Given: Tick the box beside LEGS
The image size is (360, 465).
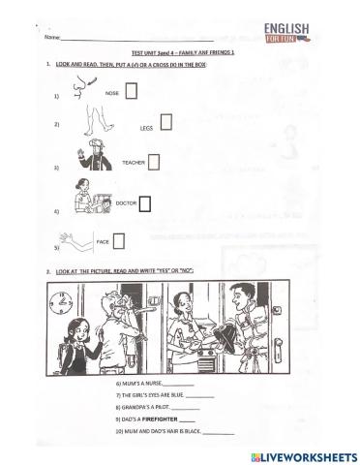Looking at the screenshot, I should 165,122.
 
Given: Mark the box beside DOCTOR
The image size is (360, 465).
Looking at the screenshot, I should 145,203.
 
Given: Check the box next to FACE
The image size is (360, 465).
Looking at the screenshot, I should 119,241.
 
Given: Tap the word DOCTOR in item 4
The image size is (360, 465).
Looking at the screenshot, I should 124,204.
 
